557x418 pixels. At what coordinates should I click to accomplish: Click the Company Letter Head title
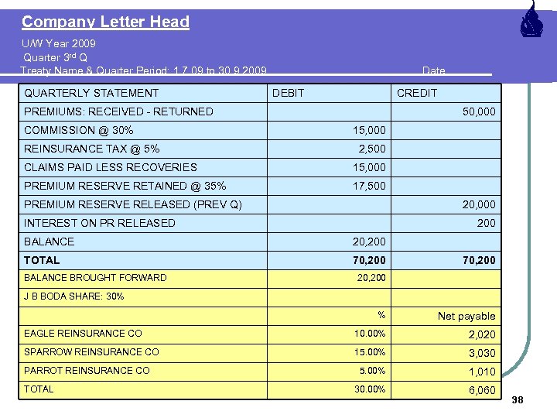105,22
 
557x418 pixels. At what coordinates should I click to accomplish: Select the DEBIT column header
289,93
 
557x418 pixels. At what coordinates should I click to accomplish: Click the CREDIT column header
417,93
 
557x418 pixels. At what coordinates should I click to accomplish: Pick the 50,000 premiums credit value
479,111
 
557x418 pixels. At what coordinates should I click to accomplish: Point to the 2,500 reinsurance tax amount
371,149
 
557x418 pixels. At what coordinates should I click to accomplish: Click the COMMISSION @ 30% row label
78,130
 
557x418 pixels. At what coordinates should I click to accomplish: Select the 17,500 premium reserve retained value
368,186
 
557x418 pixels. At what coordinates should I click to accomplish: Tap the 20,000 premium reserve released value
479,204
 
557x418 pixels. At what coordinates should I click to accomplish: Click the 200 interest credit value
487,223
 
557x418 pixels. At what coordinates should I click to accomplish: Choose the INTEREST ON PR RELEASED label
100,223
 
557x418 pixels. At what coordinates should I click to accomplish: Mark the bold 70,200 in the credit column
479,260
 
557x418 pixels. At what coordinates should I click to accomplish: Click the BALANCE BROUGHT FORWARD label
95,278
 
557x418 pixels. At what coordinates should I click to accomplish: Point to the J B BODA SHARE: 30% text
73,296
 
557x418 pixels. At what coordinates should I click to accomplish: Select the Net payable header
466,316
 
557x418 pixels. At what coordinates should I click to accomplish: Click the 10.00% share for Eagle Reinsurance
370,334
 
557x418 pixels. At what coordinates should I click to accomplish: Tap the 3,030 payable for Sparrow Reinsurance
481,353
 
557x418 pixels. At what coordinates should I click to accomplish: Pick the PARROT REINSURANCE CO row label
87,371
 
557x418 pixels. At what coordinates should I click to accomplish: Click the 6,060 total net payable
481,390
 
